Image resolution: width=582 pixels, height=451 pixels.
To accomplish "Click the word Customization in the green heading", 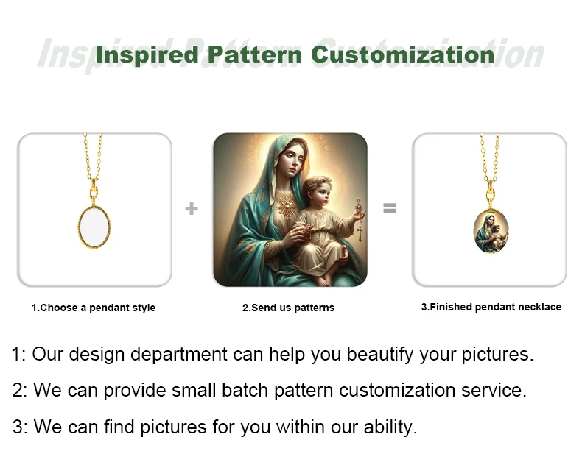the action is tap(403, 54).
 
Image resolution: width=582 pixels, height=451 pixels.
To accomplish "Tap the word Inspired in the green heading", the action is tap(147, 56).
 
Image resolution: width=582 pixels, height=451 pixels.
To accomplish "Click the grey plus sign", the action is tap(191, 208).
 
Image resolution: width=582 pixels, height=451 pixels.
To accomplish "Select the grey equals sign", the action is tap(390, 207).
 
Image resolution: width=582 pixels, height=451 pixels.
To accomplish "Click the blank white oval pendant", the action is tap(94, 227).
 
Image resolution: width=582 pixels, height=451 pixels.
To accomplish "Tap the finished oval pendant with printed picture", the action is tap(491, 231).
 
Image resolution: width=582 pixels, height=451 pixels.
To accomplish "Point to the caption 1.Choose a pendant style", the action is tap(94, 308).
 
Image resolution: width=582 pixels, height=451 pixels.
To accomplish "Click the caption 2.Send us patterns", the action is tap(288, 308).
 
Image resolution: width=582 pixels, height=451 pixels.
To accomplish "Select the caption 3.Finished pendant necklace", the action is tap(491, 307).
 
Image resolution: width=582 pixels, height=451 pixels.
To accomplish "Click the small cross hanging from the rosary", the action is tap(360, 233).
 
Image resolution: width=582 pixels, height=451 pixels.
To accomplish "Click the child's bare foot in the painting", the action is tap(322, 280).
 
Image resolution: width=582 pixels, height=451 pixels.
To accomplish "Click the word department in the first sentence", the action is tap(179, 355).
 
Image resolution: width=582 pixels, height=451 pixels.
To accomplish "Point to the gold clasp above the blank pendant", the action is tap(94, 192).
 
